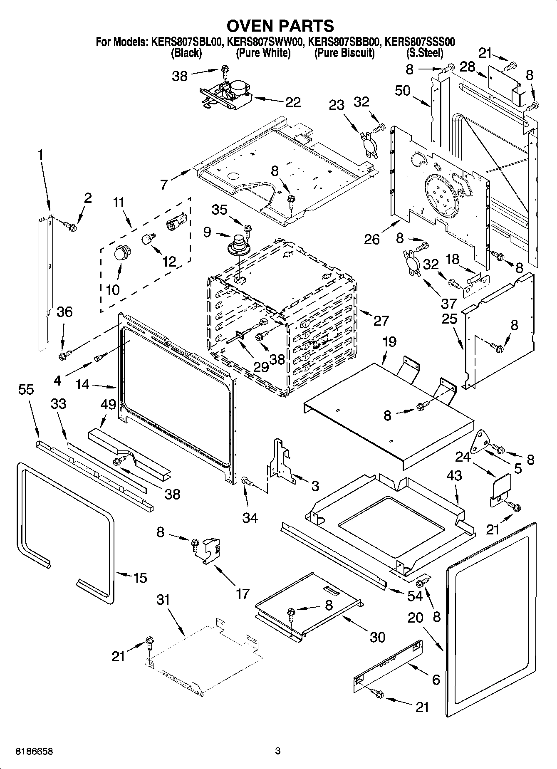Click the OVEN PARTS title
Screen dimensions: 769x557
coord(280,26)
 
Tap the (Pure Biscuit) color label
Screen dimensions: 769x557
coord(344,53)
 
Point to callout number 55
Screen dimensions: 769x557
coord(26,390)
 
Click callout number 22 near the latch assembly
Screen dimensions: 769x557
coord(293,102)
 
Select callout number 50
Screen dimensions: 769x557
coord(403,91)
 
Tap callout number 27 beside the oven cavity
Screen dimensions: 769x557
coord(381,320)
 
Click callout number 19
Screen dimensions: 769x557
coord(389,342)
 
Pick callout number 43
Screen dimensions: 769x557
coord(454,475)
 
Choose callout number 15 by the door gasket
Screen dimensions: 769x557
coord(140,578)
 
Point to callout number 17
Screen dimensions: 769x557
coord(243,594)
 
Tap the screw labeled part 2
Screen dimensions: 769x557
coord(71,227)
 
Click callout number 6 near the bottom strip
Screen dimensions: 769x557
coord(436,680)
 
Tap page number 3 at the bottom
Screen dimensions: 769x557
coord(278,751)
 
